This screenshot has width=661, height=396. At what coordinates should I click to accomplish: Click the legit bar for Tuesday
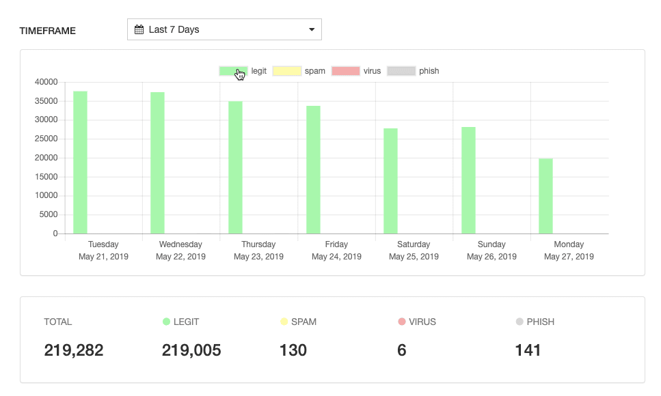[80, 162]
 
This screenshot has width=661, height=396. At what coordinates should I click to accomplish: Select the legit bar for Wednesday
[157, 163]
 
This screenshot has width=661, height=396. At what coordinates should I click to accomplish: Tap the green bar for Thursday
[235, 167]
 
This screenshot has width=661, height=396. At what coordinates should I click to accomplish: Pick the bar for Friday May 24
[313, 169]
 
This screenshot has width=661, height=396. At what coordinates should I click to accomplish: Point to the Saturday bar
[390, 181]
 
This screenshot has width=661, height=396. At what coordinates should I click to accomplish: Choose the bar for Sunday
[468, 180]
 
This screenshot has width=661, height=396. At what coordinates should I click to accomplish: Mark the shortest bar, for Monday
[545, 196]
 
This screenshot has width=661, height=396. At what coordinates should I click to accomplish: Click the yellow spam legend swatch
[286, 71]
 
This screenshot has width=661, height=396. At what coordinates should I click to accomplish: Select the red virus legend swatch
[345, 71]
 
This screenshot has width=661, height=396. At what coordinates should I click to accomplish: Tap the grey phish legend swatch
[401, 71]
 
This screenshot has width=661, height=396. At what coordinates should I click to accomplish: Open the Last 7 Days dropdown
[224, 29]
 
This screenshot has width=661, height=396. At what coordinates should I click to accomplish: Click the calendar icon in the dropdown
[139, 29]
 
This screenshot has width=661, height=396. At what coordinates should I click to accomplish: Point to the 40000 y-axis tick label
[46, 82]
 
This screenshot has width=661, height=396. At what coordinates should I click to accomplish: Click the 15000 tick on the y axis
[46, 177]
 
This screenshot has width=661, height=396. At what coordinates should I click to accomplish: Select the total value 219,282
[74, 350]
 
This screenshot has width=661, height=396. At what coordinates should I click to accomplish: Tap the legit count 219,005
[191, 350]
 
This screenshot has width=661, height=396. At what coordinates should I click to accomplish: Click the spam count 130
[293, 350]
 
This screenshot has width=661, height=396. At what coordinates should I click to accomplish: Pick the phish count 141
[528, 350]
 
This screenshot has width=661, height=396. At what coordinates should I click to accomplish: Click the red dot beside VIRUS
[402, 322]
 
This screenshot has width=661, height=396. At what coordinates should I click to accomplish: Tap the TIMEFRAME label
[48, 31]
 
